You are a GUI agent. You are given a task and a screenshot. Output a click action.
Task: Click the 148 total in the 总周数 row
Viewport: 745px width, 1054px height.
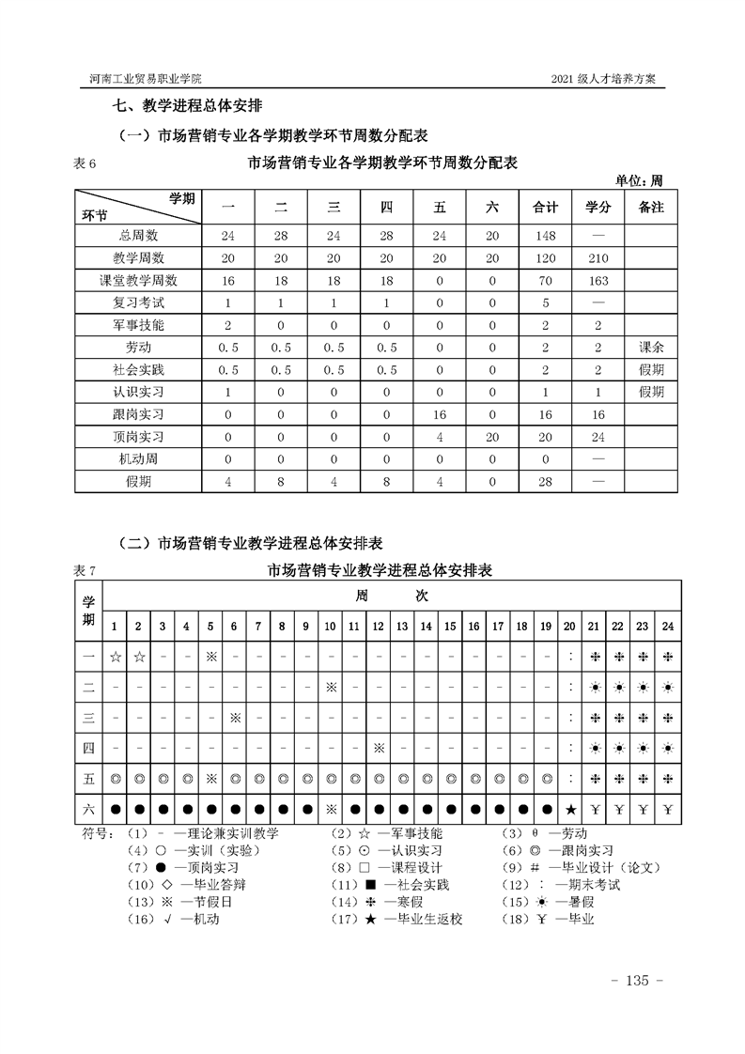point(545,235)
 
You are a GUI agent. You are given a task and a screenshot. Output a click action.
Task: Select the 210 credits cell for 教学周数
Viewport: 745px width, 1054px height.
point(598,258)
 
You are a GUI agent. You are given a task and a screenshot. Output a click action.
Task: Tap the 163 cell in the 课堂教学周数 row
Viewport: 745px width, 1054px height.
point(598,281)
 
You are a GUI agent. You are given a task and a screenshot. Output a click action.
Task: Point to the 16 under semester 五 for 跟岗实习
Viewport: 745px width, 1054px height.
point(440,415)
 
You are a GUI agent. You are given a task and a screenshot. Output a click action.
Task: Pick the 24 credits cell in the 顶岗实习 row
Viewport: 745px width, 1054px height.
point(598,438)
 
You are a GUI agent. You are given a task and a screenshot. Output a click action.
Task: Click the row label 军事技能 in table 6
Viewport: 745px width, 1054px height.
point(137,325)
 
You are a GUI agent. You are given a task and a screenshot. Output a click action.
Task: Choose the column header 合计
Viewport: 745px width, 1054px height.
point(545,208)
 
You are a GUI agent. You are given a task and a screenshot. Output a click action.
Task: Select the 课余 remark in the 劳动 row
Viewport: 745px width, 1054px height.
point(651,348)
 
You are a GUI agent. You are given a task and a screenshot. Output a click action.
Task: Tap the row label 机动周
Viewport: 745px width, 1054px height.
point(137,459)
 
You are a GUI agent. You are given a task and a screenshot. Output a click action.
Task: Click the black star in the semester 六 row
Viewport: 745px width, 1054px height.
point(570,809)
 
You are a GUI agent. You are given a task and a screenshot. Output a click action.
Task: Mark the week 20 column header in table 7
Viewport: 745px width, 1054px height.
point(569,627)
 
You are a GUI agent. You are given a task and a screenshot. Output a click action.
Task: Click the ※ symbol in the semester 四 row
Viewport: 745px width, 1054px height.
point(378,748)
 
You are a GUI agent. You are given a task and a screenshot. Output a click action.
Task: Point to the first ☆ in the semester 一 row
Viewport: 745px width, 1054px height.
point(114,657)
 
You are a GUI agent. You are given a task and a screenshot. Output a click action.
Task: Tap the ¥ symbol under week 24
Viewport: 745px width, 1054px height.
point(667,809)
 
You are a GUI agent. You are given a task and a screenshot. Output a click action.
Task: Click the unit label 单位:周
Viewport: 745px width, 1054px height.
point(639,179)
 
